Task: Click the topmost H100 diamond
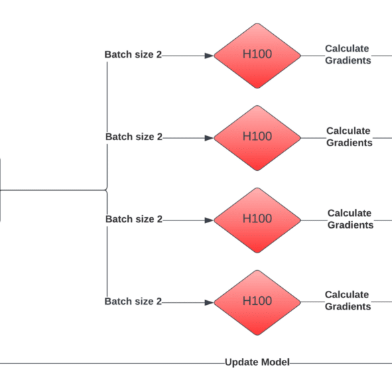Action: [x=257, y=56]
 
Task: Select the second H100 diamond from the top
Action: [x=257, y=138]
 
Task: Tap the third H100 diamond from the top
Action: [x=257, y=220]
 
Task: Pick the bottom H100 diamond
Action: [x=257, y=302]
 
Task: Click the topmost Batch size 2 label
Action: [x=133, y=54]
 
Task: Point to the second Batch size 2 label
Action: [x=134, y=137]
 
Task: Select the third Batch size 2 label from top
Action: [x=134, y=219]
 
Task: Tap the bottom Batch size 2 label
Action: [x=133, y=302]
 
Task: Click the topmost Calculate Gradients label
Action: [x=348, y=54]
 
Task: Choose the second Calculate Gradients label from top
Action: [x=349, y=137]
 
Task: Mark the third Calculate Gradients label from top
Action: [x=350, y=219]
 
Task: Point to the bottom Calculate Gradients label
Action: [x=348, y=300]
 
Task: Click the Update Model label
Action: [x=257, y=363]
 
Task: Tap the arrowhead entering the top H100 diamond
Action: [x=209, y=56]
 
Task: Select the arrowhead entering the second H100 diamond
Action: [x=209, y=138]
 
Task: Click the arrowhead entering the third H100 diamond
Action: [x=209, y=220]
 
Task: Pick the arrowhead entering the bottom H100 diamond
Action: [x=209, y=302]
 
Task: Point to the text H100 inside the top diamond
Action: [x=257, y=54]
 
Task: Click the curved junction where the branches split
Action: [x=107, y=190]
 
